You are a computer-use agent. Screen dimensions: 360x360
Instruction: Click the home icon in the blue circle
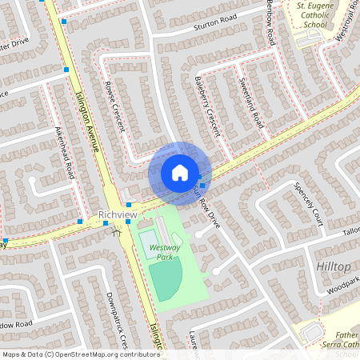[x=180, y=173]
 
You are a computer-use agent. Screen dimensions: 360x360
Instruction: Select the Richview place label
[x=117, y=215]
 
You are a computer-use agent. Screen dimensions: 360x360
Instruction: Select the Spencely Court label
[x=307, y=206]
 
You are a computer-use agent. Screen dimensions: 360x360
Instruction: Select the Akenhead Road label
[x=64, y=151]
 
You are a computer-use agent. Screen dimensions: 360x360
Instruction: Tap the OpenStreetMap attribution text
[x=80, y=354]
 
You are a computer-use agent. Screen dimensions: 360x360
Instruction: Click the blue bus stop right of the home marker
[x=202, y=186]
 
